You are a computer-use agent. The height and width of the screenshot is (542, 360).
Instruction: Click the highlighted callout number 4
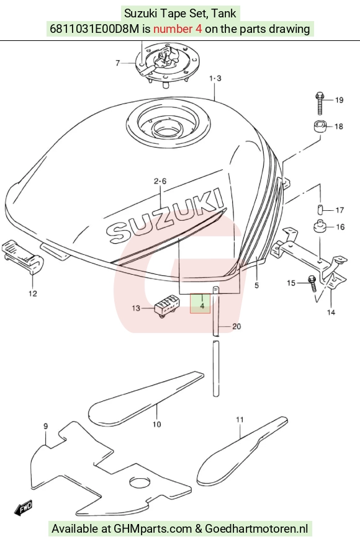click(x=202, y=306)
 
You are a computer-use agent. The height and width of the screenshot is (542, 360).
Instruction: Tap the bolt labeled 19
click(x=320, y=103)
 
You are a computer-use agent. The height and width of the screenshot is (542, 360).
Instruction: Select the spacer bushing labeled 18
click(x=320, y=126)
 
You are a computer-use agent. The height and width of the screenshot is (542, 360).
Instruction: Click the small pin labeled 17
click(x=320, y=210)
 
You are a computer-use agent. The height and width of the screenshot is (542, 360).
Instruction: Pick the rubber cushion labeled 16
click(x=320, y=227)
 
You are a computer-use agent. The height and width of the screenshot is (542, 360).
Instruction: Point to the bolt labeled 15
click(x=313, y=283)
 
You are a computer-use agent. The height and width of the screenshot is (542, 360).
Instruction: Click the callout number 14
click(x=331, y=313)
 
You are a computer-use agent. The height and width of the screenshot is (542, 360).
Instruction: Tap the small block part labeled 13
click(x=167, y=306)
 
